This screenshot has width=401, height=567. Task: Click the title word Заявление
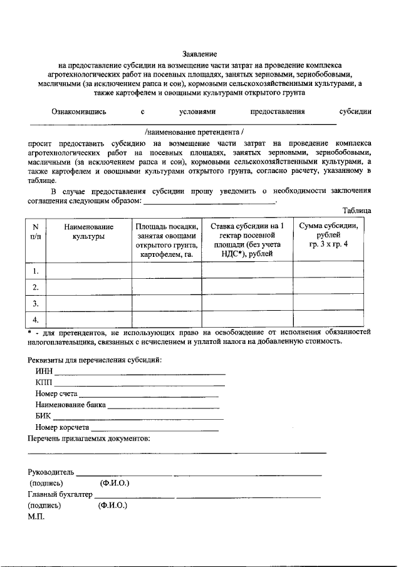point(200,55)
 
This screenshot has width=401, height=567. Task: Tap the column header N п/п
point(36,231)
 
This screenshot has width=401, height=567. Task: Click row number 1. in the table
point(36,271)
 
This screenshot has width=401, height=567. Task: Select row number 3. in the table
point(36,303)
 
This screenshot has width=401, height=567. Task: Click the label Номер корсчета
point(62,427)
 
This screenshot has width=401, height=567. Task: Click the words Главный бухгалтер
point(60,494)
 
